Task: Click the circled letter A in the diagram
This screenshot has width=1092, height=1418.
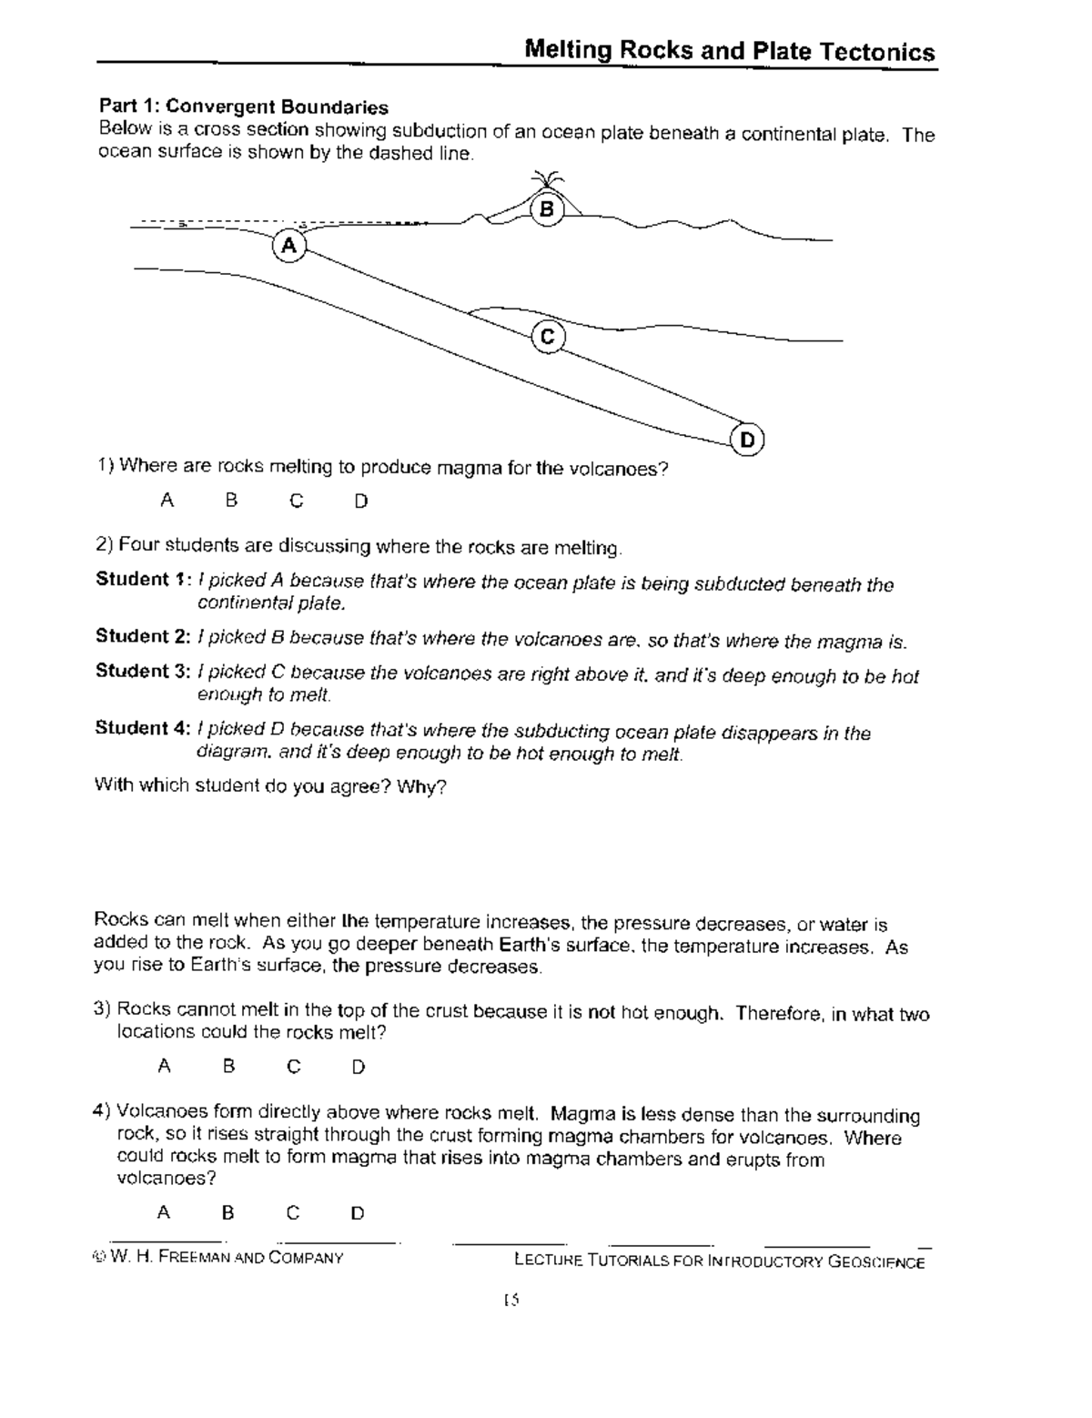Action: [x=288, y=246]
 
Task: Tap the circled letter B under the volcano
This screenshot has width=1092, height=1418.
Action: [x=546, y=210]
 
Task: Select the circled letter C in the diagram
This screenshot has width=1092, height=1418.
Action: [x=547, y=337]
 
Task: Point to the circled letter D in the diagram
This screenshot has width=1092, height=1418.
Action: [x=747, y=441]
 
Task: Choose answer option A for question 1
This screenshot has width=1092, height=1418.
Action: [x=167, y=500]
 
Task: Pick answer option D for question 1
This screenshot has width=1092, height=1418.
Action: [x=361, y=501]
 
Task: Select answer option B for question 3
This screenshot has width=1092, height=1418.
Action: [x=229, y=1066]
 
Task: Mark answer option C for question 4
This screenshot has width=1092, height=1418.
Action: [x=292, y=1212]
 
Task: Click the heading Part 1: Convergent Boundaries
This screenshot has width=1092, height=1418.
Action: [x=243, y=107]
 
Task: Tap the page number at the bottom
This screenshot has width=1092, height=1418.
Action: [x=511, y=1301]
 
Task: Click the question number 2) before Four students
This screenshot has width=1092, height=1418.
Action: [x=104, y=545]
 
